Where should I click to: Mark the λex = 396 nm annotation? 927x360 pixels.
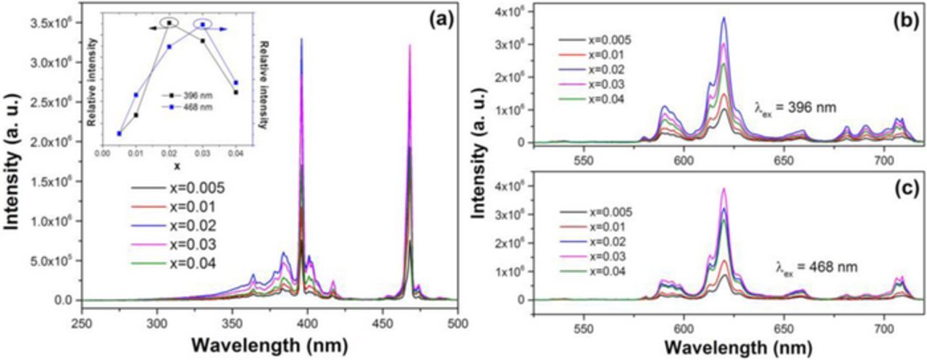(x=796, y=110)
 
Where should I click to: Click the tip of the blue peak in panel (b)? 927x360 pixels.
(x=723, y=18)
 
